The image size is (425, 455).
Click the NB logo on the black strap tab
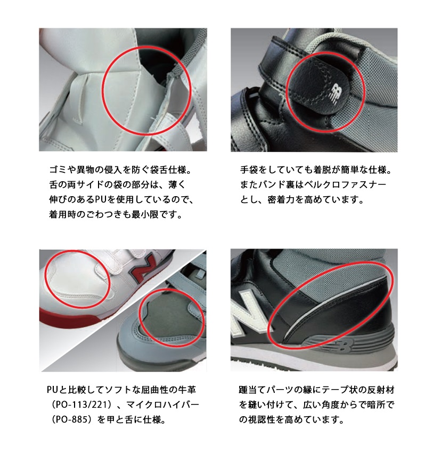(x=334, y=94)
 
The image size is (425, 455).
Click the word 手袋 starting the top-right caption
(x=249, y=170)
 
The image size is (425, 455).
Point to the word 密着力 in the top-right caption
(x=281, y=200)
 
